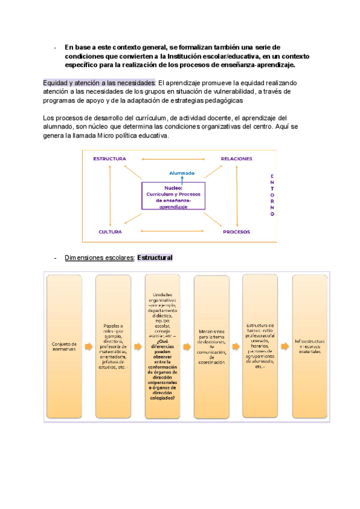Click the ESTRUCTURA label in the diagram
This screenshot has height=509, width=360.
pos(109,158)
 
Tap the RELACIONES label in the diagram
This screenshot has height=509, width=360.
pos(236,158)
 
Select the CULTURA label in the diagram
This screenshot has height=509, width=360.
pos(110,231)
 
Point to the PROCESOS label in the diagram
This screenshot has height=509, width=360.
pos(236,231)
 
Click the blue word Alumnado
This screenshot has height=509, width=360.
pos(182,173)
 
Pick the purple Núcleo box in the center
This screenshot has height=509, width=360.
pos(173,196)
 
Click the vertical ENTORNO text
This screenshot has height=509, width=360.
pos(272,194)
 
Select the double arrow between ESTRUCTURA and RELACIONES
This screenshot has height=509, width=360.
pos(173,158)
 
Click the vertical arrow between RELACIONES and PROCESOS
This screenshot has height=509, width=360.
pos(236,195)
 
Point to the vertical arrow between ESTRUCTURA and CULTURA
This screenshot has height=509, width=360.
pos(109,195)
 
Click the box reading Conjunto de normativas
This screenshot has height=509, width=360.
pos(64,346)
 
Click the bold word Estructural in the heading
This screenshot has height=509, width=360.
pos(155,258)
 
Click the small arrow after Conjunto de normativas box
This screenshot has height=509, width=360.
pos(88,346)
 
